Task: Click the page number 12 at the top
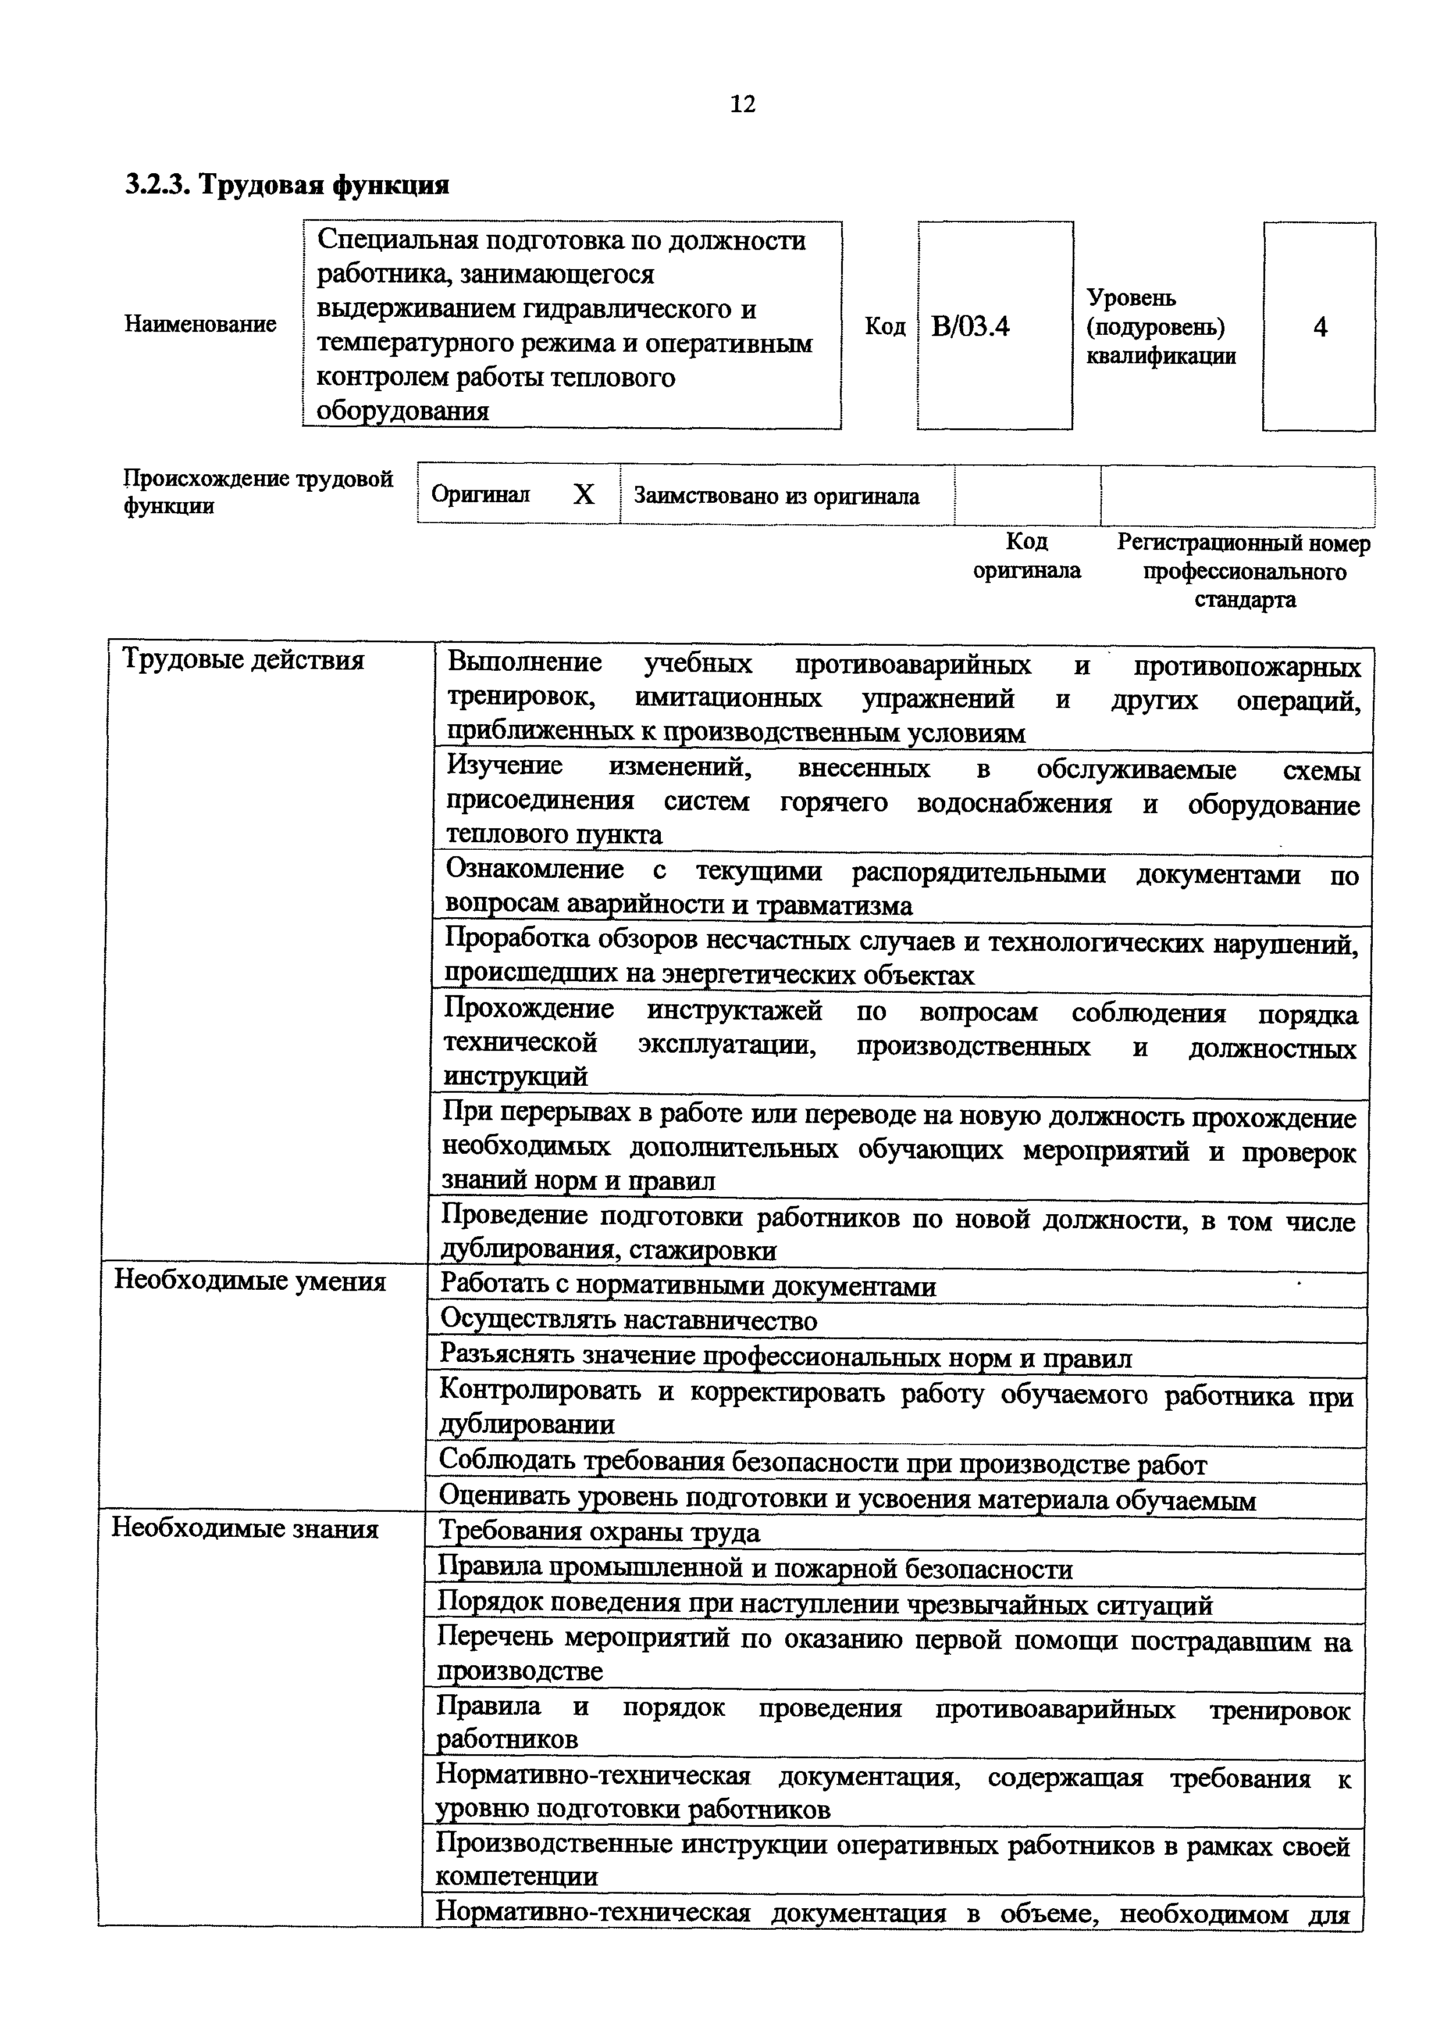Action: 742,105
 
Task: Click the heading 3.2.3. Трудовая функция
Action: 287,185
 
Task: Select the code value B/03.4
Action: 970,327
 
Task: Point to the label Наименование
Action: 200,324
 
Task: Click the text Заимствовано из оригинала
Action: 775,496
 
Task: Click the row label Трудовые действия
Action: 243,659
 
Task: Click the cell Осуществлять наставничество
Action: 628,1321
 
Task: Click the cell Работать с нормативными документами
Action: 688,1285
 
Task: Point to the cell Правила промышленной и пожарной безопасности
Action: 755,1568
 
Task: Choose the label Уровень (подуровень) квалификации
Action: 1160,327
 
